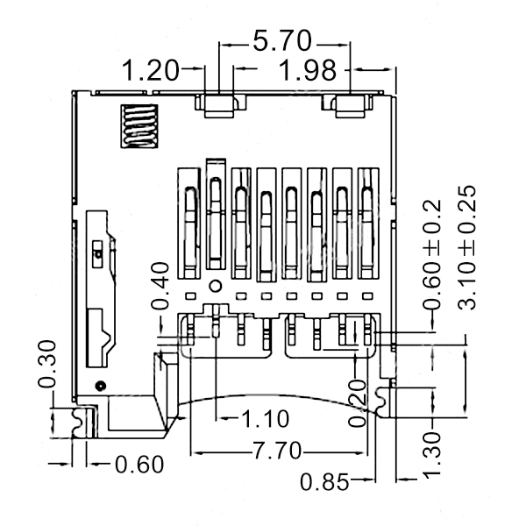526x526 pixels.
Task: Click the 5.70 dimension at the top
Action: (x=282, y=41)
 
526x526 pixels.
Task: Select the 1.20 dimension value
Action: (x=150, y=70)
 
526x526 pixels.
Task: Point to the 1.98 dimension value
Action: (x=308, y=70)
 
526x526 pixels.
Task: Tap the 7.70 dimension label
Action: (x=277, y=451)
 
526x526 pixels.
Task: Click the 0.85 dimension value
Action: (x=324, y=482)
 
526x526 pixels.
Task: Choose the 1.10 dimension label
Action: (x=265, y=419)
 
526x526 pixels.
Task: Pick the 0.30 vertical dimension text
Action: (x=46, y=364)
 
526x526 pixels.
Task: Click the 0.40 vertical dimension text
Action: (x=160, y=286)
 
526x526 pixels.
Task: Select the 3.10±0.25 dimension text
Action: (x=466, y=247)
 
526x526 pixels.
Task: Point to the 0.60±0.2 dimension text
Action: (x=432, y=254)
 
